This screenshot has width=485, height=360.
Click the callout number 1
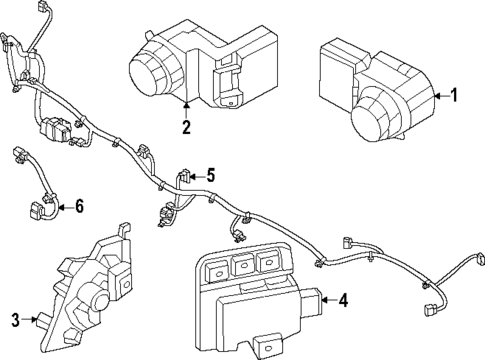[454, 96]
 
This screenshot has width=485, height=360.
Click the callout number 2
[186, 126]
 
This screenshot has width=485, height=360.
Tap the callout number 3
[16, 320]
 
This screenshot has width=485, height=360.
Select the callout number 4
[343, 298]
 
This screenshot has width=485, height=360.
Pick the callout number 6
[80, 207]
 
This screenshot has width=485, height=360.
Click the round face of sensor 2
[152, 72]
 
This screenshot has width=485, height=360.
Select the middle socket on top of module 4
[241, 263]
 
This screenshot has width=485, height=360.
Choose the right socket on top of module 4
[266, 262]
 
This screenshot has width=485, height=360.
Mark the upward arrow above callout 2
[186, 102]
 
